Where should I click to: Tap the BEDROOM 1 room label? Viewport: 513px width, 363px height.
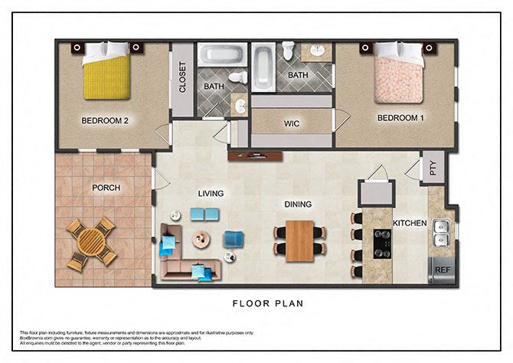[400, 118]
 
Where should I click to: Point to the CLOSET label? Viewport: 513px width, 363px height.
[183, 77]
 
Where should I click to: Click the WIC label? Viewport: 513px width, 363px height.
[291, 123]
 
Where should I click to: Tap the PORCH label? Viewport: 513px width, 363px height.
[107, 188]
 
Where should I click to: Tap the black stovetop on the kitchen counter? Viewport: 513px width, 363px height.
[380, 244]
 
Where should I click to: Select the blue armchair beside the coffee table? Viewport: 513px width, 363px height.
[233, 240]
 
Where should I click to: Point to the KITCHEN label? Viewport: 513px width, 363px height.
[410, 223]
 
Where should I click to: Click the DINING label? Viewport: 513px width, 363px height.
[298, 204]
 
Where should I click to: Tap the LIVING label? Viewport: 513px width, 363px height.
[210, 194]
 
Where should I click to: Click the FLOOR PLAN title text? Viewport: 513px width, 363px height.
[268, 303]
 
